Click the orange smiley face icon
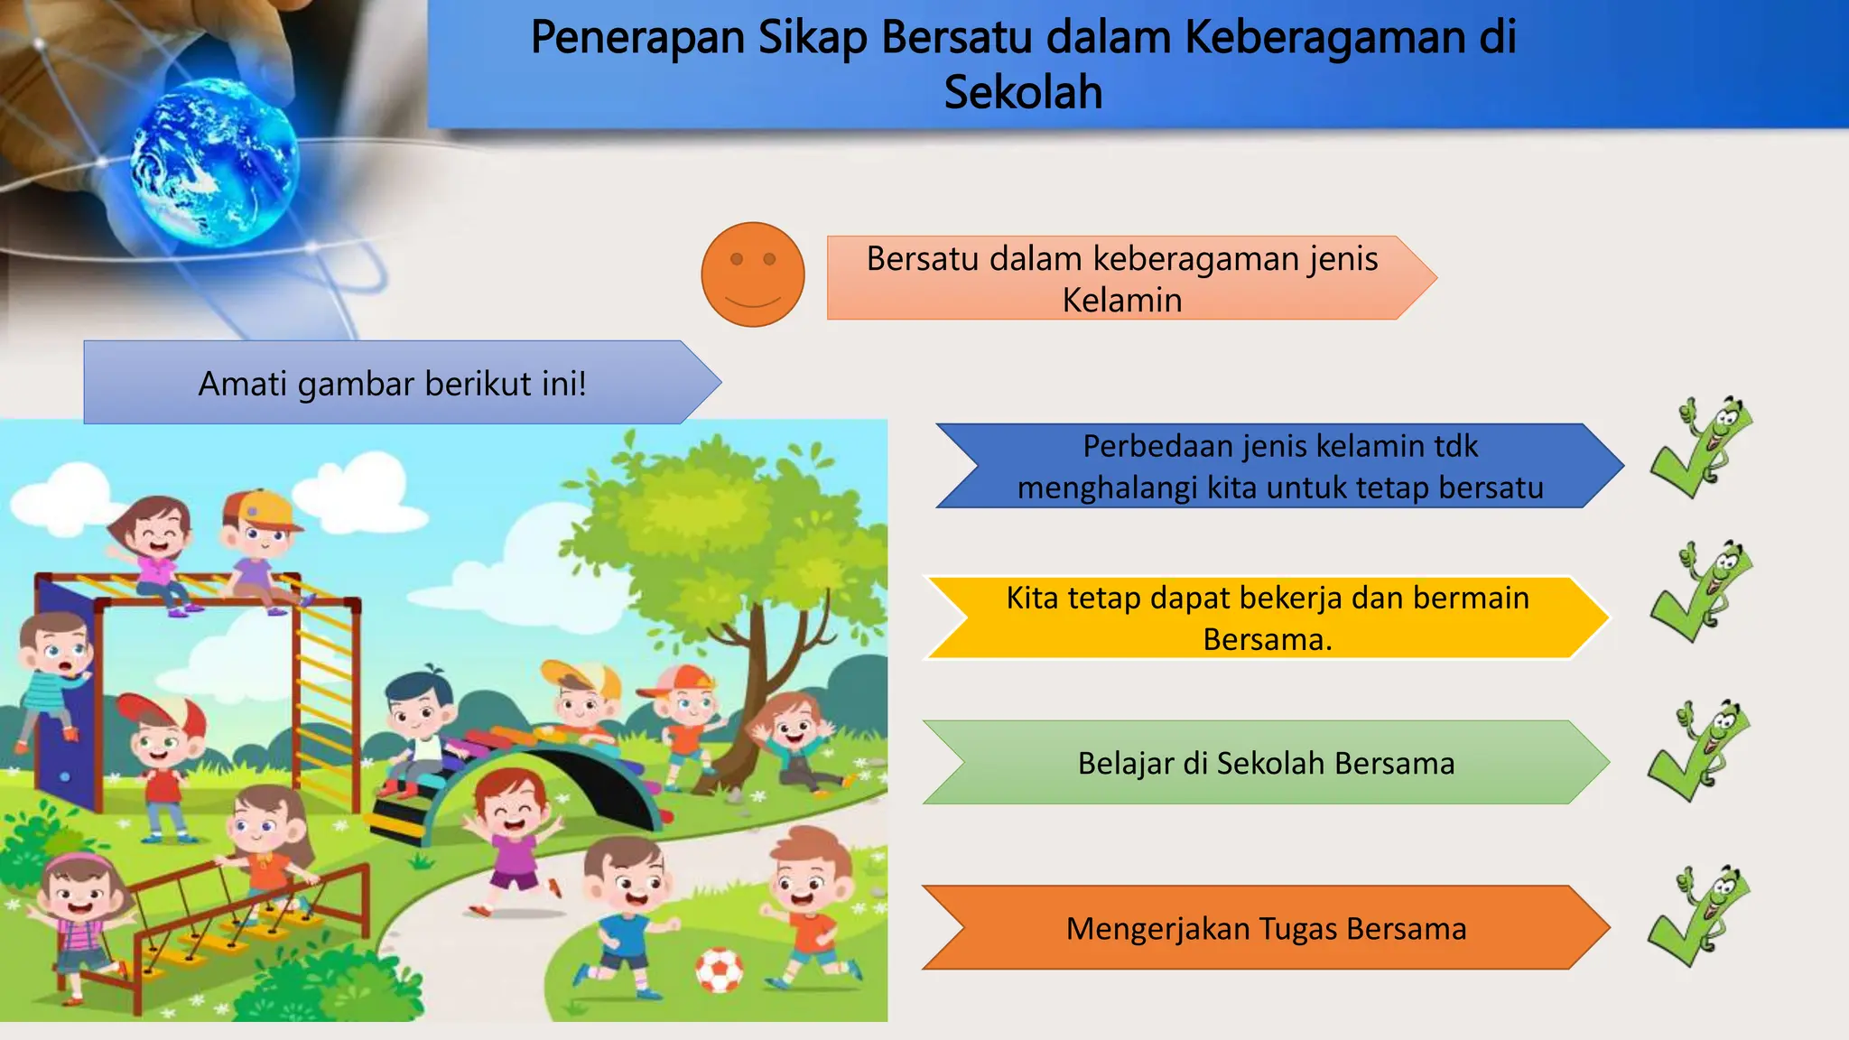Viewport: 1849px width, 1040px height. (x=752, y=274)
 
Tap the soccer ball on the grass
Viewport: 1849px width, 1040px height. (x=719, y=970)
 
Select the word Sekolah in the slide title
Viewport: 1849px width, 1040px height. (x=1023, y=92)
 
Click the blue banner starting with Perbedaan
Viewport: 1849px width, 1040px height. (x=1279, y=466)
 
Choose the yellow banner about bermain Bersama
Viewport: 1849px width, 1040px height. (x=1267, y=617)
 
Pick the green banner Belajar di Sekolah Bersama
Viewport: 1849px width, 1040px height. (x=1266, y=763)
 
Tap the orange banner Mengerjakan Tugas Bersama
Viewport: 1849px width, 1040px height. (x=1266, y=928)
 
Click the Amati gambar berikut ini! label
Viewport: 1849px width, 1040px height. (x=393, y=383)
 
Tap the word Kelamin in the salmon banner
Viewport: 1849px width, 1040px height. (x=1121, y=300)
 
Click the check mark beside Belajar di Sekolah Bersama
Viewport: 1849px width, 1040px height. (x=1696, y=751)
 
